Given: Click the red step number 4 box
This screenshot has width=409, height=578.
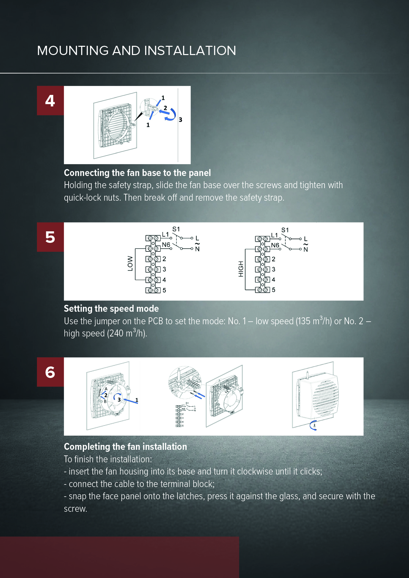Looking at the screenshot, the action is click(50, 101).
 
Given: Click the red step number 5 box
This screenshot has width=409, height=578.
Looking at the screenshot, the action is click(50, 237).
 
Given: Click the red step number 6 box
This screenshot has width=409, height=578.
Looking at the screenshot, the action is click(50, 372).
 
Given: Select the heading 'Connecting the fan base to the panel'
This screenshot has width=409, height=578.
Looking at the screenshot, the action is click(137, 173).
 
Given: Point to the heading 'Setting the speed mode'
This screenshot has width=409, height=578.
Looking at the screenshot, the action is click(111, 308).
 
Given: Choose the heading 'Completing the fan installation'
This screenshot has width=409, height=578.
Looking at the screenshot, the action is click(125, 447).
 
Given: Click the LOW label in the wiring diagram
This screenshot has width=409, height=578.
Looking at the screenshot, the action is click(130, 264).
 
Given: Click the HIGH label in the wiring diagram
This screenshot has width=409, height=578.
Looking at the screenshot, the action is click(241, 269).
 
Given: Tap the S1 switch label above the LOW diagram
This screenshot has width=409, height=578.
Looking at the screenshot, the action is click(176, 229).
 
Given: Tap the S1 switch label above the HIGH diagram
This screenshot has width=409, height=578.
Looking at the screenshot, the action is click(285, 230).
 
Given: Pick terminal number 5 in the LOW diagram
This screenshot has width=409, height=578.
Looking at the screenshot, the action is click(164, 290).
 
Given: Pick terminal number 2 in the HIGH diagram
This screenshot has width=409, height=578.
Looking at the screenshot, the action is click(273, 259).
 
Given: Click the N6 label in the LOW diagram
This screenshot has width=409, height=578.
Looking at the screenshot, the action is click(166, 245).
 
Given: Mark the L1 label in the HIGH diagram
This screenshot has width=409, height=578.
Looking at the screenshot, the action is click(274, 235).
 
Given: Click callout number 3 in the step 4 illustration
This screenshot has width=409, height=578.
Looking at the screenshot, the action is click(180, 120).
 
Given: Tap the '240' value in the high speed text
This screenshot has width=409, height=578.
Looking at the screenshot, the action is click(116, 333).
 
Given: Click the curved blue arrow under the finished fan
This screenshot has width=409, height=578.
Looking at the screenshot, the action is click(312, 425).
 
